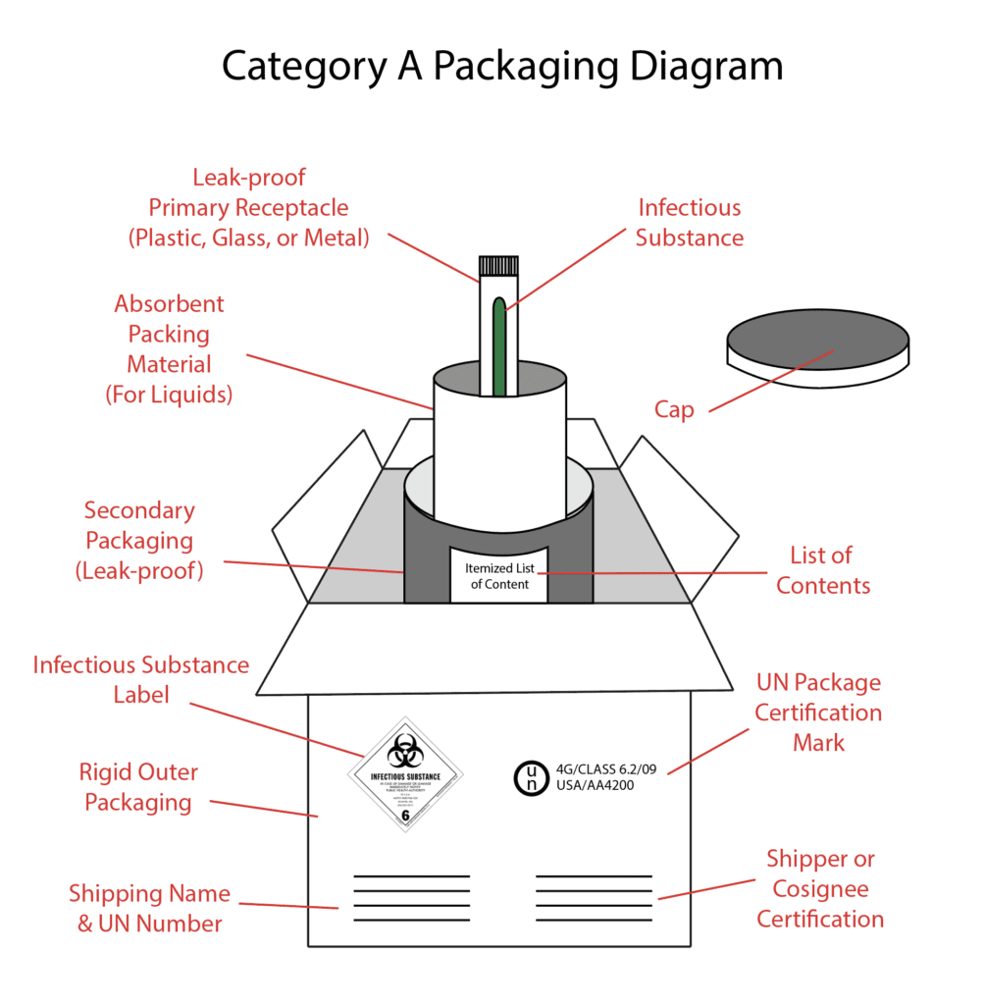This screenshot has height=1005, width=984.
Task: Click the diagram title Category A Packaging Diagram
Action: click(x=501, y=67)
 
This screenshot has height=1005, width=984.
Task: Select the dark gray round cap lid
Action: click(x=817, y=341)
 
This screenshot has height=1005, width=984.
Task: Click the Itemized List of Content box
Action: click(x=498, y=575)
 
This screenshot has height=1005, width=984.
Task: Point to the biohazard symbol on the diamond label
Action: click(x=402, y=753)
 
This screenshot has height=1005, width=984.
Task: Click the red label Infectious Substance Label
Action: click(x=140, y=679)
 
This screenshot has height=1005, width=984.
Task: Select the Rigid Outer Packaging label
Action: click(x=137, y=787)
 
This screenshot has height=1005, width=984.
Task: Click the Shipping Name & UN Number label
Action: click(x=149, y=908)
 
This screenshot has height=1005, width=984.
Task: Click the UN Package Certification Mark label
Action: click(x=818, y=713)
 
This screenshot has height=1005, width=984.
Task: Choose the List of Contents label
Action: click(x=822, y=570)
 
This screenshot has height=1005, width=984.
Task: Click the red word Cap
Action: click(x=674, y=409)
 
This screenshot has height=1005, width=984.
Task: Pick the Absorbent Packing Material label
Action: click(x=168, y=349)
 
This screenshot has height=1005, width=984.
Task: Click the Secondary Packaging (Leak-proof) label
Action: click(x=139, y=540)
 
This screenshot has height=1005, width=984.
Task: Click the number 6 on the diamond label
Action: click(x=405, y=815)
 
